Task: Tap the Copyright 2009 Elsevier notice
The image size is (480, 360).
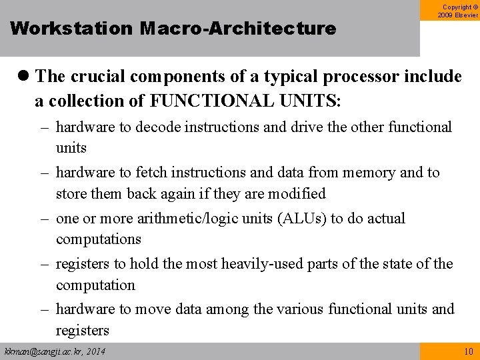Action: coord(458,10)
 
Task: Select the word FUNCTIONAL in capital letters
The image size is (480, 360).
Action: coord(203,101)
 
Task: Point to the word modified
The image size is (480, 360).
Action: coord(297,194)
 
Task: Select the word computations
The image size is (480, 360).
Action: coord(99,239)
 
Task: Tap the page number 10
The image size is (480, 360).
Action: coord(469,351)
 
